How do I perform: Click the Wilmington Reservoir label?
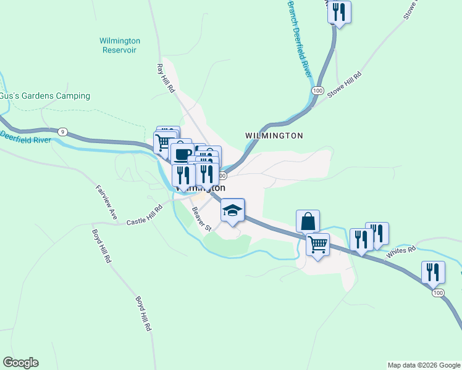120,46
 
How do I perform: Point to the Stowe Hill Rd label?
344,84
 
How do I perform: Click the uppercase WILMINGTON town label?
274,136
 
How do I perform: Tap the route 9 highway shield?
62,131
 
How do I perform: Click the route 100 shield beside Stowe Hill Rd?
317,91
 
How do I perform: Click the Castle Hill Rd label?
144,216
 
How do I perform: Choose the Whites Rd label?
401,252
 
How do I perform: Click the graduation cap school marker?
233,210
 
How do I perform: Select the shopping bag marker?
308,220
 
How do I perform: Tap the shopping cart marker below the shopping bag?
317,244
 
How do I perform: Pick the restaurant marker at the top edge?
339,12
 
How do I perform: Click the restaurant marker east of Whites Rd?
433,272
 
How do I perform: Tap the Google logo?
20,363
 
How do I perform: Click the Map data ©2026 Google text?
424,365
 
